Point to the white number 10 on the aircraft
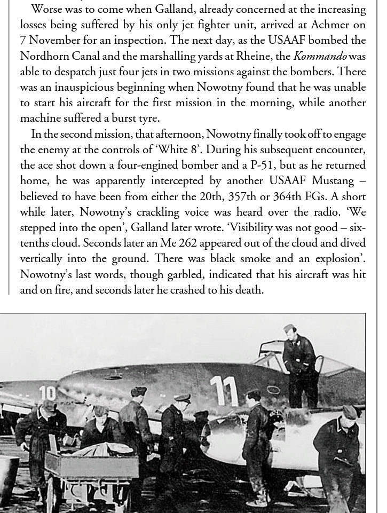47,393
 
